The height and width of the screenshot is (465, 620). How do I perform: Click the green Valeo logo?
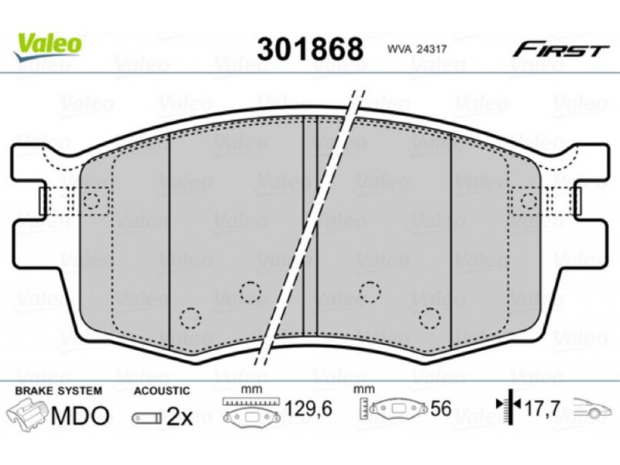coord(47,46)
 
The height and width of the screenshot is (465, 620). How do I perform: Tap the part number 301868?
coord(310,50)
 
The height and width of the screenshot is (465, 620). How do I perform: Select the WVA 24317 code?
coord(417,50)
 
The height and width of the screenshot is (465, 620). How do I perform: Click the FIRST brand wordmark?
coord(560,50)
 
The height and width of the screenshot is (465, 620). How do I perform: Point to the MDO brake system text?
coord(81,415)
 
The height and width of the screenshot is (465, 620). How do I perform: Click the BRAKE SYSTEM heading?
coord(59,391)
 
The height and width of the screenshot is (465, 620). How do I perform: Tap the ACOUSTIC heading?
coord(162,391)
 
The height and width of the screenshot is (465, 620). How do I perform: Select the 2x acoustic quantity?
coord(179,416)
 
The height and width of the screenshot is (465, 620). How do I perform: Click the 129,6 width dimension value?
coord(308,408)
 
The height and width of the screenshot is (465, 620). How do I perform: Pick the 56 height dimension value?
coord(440,408)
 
